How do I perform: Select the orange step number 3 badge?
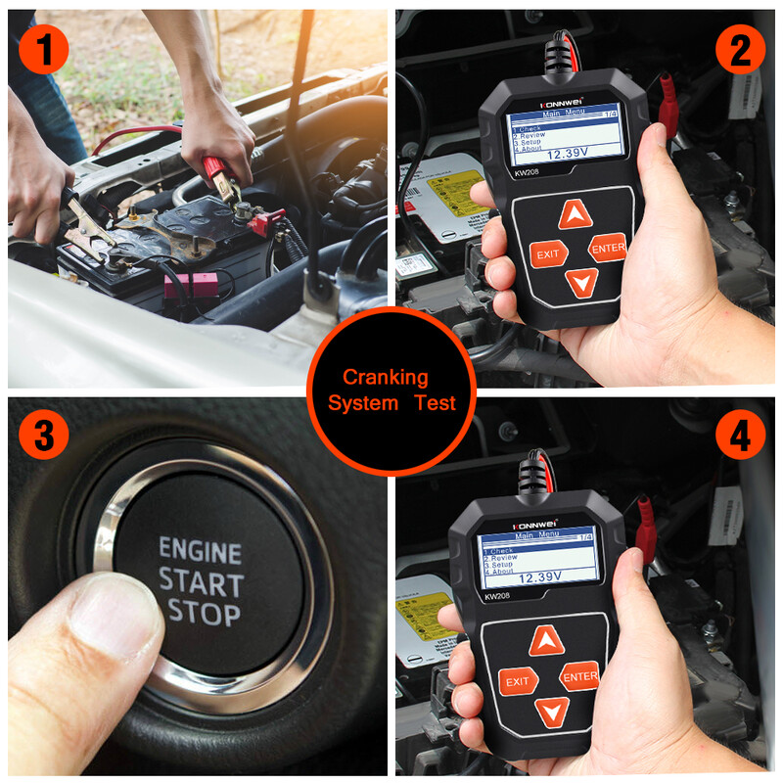[43, 437]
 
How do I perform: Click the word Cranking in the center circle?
[385, 377]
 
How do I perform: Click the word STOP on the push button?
[204, 614]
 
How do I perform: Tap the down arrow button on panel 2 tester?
[581, 284]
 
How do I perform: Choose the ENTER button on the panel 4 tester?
[579, 675]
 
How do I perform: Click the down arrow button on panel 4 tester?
[552, 712]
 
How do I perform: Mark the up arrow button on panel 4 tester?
[547, 642]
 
